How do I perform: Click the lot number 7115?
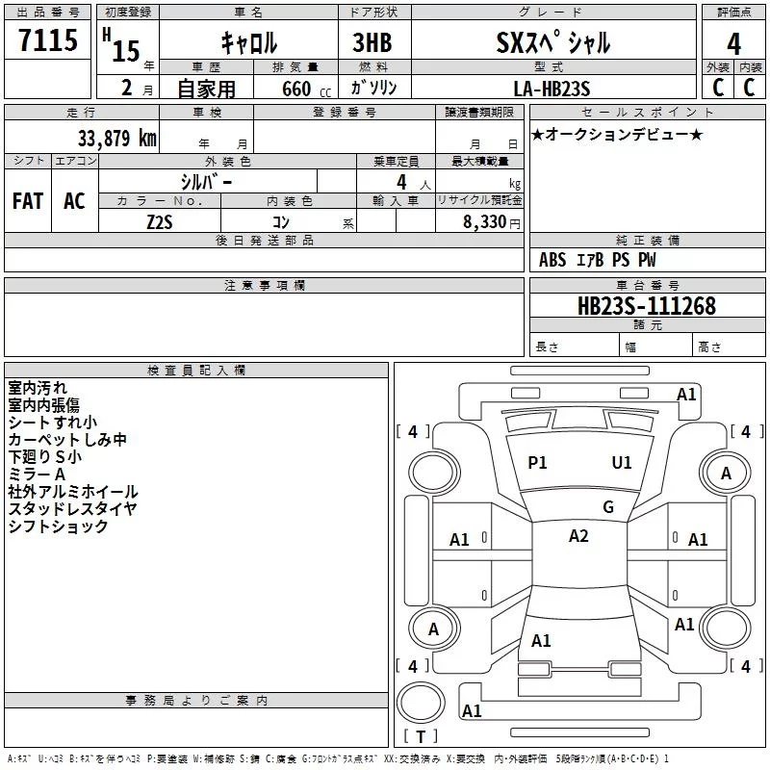tap(48, 42)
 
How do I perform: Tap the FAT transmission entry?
tap(28, 201)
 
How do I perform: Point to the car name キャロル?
tap(248, 43)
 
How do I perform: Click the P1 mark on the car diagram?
tap(537, 463)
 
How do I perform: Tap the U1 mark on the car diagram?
tap(622, 463)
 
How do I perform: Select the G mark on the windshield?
tap(607, 507)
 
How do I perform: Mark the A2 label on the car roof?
tap(577, 536)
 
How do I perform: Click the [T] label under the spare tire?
tap(420, 737)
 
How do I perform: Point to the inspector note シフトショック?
tap(58, 526)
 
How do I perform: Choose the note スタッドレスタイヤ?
tap(72, 509)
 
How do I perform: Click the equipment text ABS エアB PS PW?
tap(598, 260)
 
